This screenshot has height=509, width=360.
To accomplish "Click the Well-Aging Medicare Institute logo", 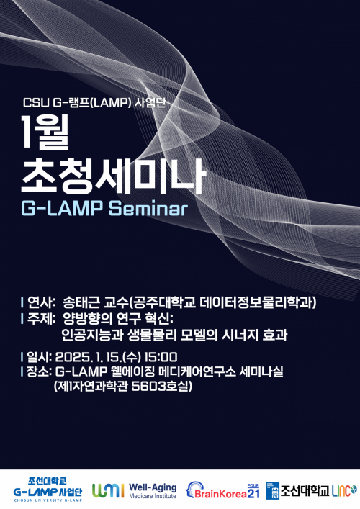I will click(134, 490).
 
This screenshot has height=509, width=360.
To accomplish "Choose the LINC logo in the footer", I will click(345, 490).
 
